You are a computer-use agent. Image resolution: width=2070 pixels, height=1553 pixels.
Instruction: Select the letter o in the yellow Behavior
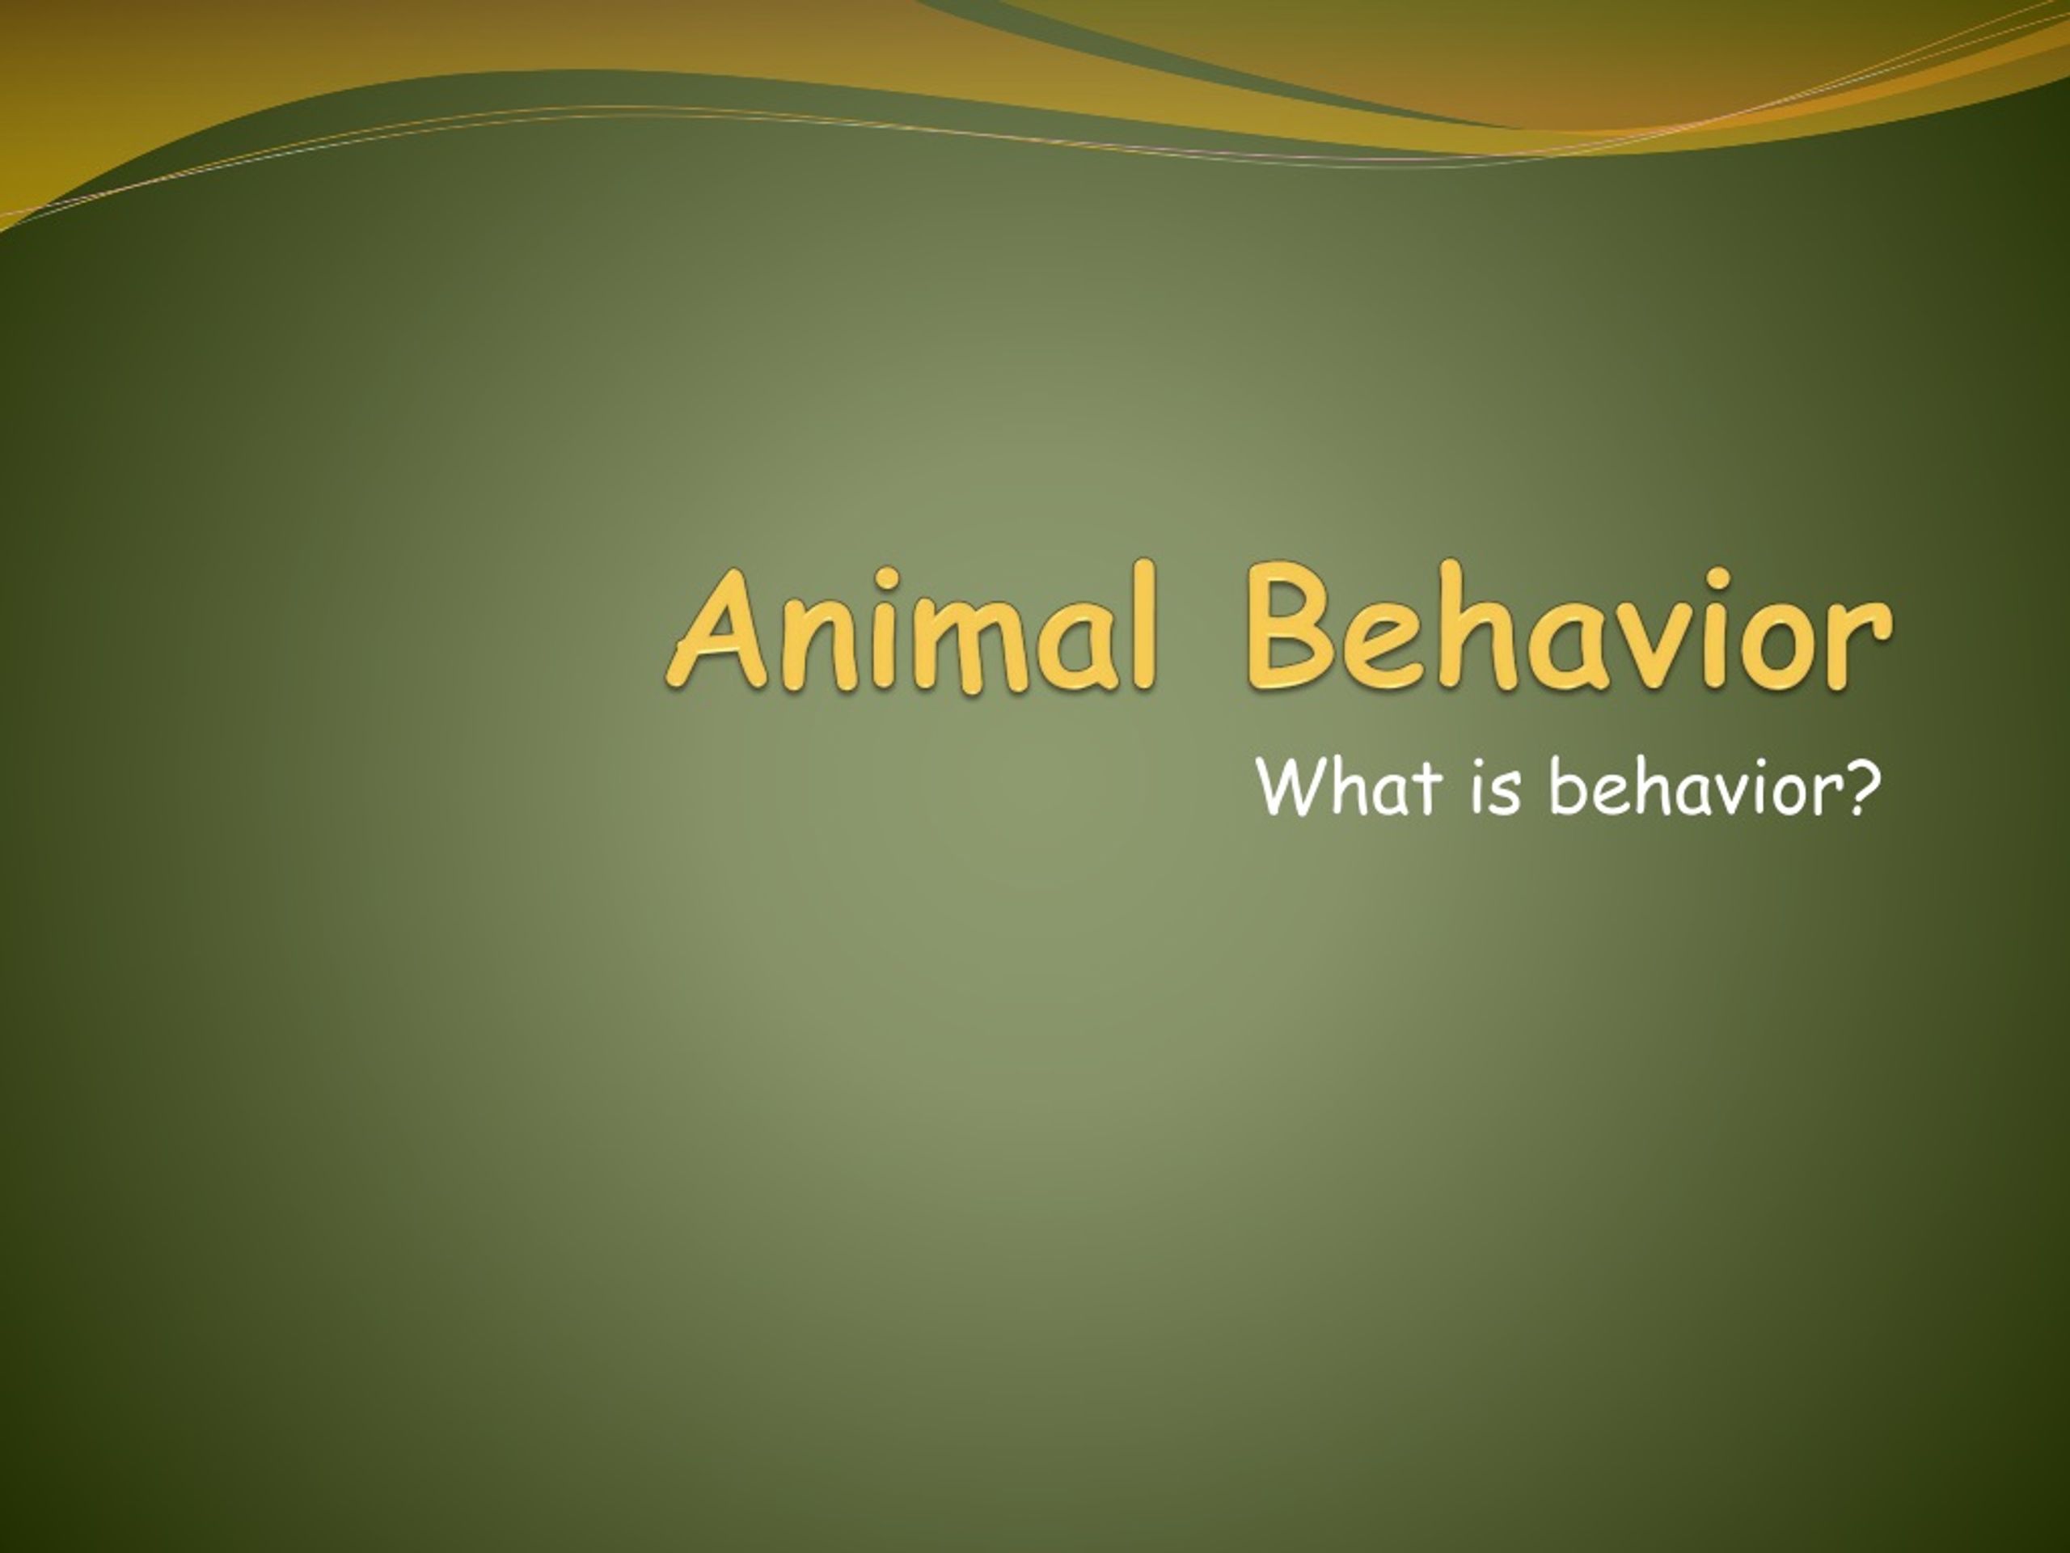pyautogui.click(x=1768, y=648)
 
